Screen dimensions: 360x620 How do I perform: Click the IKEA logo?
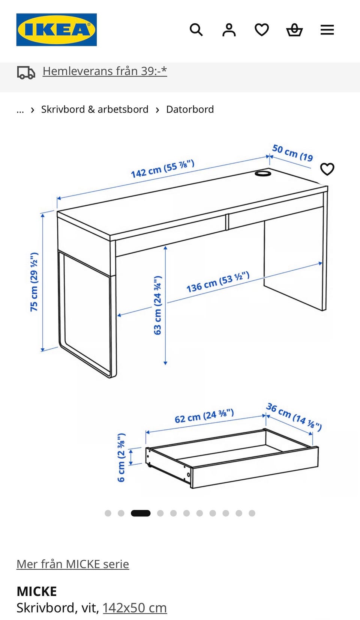pyautogui.click(x=56, y=30)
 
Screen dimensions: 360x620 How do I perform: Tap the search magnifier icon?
pyautogui.click(x=196, y=30)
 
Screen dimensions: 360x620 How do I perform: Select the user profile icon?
pyautogui.click(x=229, y=30)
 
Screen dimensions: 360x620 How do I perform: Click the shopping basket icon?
pyautogui.click(x=294, y=30)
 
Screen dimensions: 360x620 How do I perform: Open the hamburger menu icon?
pyautogui.click(x=327, y=30)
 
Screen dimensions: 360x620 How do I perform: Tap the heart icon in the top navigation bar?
pyautogui.click(x=262, y=30)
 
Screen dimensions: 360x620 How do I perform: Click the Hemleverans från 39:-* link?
pyautogui.click(x=105, y=71)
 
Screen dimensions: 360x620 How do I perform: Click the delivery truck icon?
pyautogui.click(x=26, y=72)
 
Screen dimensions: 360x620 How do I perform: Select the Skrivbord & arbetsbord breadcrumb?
pyautogui.click(x=95, y=109)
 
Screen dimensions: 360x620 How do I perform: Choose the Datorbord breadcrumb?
pyautogui.click(x=190, y=109)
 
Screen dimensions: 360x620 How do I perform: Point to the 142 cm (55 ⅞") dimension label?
pyautogui.click(x=163, y=169)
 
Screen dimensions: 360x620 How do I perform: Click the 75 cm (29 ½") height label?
pyautogui.click(x=34, y=282)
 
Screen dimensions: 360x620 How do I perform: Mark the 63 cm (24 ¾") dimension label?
pyautogui.click(x=157, y=305)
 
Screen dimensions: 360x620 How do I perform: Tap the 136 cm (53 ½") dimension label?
pyautogui.click(x=218, y=282)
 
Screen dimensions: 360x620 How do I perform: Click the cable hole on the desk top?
pyautogui.click(x=262, y=173)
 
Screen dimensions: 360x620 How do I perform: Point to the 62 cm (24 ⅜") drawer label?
pyautogui.click(x=204, y=416)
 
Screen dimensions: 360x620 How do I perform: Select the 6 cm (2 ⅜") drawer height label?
pyautogui.click(x=121, y=457)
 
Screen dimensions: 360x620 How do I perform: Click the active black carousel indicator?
pyautogui.click(x=141, y=513)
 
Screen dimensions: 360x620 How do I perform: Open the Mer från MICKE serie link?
pyautogui.click(x=73, y=564)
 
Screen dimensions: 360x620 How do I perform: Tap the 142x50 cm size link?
pyautogui.click(x=135, y=608)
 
